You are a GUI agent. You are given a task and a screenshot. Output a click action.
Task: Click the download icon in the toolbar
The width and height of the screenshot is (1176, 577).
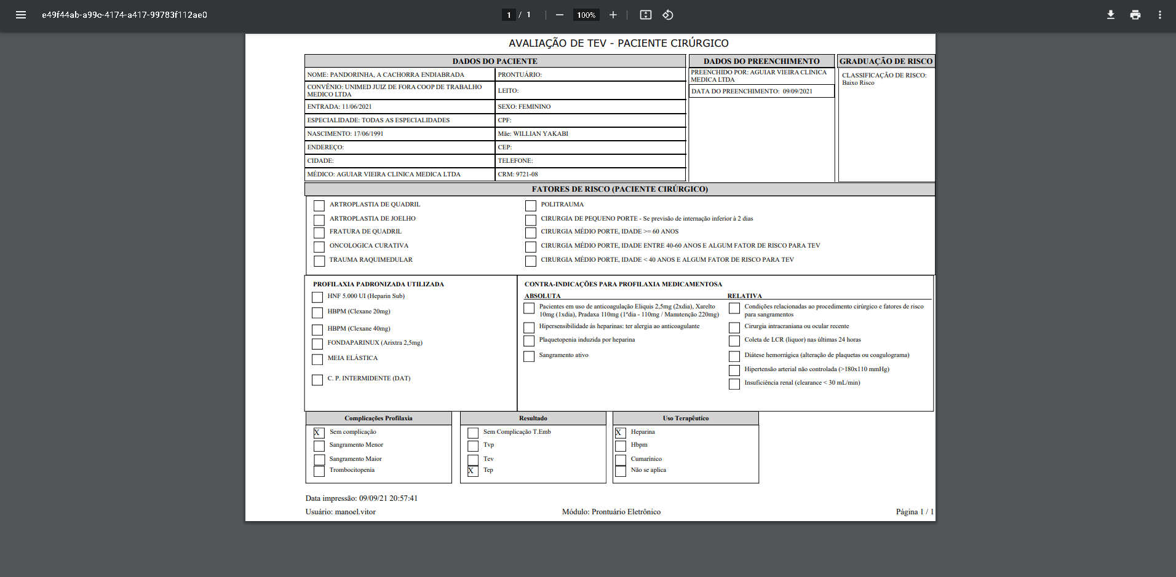(1110, 15)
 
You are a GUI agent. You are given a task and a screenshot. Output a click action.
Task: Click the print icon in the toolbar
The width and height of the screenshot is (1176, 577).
(1135, 15)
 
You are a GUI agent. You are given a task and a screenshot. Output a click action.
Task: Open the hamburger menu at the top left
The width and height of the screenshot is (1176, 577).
(21, 15)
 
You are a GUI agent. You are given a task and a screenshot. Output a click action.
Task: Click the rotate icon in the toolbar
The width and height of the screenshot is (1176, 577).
(668, 15)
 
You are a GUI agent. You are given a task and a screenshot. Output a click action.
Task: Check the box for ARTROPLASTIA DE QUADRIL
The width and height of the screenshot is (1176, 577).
(319, 206)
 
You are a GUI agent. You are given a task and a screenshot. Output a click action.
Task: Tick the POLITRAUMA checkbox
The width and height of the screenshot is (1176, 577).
(530, 206)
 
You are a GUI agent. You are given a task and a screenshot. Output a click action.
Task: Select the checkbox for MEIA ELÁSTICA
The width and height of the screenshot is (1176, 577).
(317, 359)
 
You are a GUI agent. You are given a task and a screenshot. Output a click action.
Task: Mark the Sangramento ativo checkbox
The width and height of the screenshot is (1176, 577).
(529, 356)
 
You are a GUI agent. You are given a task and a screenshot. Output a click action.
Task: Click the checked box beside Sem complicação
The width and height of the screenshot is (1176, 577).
(319, 433)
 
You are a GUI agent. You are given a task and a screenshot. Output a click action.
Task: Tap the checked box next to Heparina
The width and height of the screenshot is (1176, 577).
(620, 433)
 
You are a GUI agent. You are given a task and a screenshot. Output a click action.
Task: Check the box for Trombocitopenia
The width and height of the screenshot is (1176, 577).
(319, 471)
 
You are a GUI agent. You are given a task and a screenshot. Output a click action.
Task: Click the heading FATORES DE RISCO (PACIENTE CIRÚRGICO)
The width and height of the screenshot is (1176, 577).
(619, 189)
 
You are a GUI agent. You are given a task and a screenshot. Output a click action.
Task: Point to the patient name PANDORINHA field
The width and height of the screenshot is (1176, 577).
(397, 75)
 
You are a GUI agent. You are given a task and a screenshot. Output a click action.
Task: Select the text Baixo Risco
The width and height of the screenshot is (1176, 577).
(858, 83)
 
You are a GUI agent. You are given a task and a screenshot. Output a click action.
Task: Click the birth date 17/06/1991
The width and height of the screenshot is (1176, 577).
(368, 134)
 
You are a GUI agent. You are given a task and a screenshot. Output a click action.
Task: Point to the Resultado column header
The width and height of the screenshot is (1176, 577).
(533, 418)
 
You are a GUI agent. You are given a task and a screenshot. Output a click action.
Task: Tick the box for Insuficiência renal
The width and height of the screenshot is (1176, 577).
(734, 384)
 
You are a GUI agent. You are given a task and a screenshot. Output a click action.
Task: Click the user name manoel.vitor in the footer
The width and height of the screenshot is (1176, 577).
(355, 512)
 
